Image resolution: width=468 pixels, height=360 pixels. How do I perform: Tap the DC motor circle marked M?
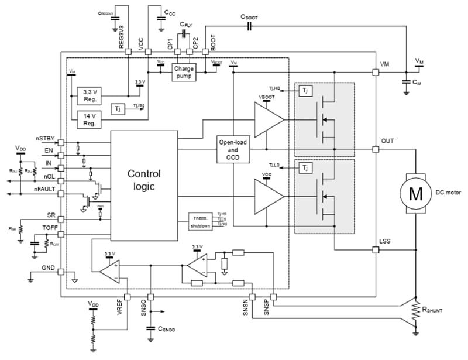point(415,194)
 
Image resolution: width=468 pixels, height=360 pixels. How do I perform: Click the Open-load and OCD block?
point(234,150)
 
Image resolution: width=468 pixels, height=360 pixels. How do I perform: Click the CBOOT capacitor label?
point(249,18)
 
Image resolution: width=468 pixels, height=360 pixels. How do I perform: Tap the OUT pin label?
point(388,141)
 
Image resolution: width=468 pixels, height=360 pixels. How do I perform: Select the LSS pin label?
point(386,241)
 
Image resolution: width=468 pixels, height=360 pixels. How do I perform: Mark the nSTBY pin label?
point(45,139)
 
